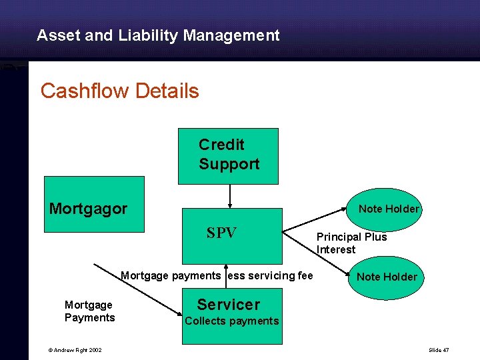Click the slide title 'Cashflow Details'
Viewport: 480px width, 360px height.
click(119, 91)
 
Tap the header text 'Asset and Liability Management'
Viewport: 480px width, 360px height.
click(158, 35)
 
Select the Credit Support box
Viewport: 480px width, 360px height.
click(228, 155)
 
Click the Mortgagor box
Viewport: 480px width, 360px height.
click(94, 203)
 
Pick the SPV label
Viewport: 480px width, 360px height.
click(221, 233)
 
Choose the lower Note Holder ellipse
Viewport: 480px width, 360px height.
click(386, 277)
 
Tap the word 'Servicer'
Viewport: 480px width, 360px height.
click(228, 305)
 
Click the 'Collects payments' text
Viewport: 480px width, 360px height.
click(231, 321)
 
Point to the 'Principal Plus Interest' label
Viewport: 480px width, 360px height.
click(351, 243)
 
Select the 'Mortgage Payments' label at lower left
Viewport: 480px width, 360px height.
click(89, 311)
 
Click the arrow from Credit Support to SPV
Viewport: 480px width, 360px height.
click(230, 195)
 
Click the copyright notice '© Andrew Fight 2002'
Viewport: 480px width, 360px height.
click(74, 350)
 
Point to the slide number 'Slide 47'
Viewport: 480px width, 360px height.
click(439, 350)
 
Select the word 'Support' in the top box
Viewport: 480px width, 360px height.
click(229, 164)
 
